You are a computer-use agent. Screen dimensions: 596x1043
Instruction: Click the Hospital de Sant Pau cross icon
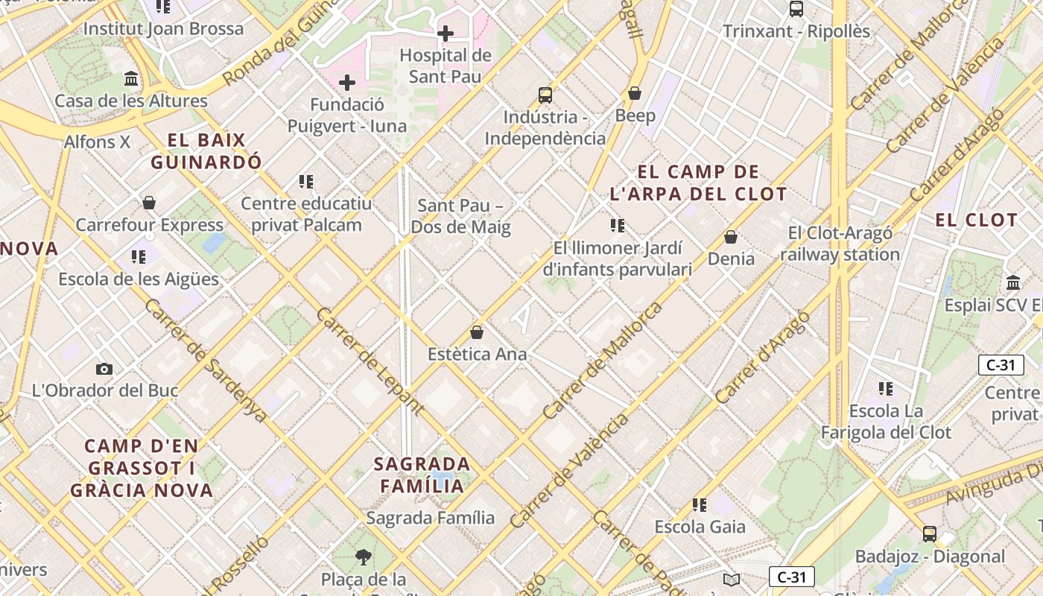tap(446, 34)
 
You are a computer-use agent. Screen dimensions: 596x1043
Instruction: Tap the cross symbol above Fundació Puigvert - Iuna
tap(347, 83)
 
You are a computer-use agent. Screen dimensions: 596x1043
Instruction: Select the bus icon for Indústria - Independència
tap(545, 95)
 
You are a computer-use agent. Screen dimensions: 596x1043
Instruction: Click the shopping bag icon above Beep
tap(635, 93)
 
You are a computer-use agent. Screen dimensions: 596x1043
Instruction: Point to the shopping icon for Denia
tap(731, 237)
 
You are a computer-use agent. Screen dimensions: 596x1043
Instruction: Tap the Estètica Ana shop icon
tap(477, 332)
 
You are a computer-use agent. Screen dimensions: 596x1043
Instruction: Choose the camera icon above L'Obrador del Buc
tap(104, 369)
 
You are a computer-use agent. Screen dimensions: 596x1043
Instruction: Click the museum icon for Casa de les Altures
tap(131, 79)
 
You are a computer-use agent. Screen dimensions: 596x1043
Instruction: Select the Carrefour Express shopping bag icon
tap(149, 203)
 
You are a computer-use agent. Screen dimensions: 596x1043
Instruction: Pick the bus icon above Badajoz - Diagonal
tap(930, 534)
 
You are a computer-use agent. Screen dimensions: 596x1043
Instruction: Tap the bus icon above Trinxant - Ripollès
tap(796, 9)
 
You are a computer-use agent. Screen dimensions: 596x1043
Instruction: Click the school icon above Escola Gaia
tap(699, 505)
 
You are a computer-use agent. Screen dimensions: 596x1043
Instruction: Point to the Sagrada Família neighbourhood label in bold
tap(422, 475)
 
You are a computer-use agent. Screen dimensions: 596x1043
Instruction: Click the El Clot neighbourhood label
tap(976, 220)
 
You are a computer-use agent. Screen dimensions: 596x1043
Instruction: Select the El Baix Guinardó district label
tap(206, 151)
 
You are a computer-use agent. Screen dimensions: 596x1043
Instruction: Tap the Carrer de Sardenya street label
tap(205, 361)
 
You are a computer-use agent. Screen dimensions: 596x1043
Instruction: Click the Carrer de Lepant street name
tap(370, 360)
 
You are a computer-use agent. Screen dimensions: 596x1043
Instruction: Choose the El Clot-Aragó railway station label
tap(840, 244)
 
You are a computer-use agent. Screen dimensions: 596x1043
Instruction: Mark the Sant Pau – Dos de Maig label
tap(461, 216)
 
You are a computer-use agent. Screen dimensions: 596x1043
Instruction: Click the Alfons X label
tap(97, 142)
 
